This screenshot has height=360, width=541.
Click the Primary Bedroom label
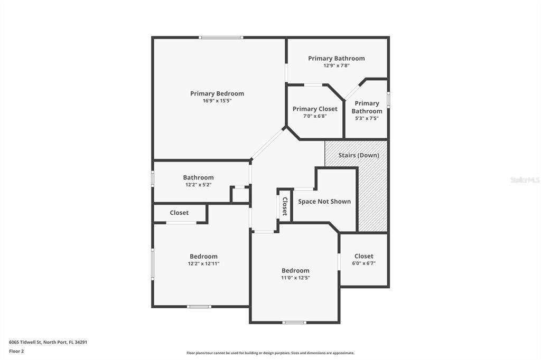[217, 93]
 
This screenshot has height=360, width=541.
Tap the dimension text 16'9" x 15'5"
[217, 100]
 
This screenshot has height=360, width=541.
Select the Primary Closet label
[315, 109]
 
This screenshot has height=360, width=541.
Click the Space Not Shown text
[324, 202]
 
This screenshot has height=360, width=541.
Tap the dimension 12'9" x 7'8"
[337, 65]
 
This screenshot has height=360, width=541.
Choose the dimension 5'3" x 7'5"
[367, 118]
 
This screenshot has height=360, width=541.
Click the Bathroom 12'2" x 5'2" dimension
[199, 185]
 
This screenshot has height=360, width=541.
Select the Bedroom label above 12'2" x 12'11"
[203, 257]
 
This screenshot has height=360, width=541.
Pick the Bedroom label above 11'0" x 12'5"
[295, 270]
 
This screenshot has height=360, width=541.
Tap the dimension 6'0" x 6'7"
[363, 263]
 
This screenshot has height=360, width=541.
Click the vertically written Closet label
[285, 206]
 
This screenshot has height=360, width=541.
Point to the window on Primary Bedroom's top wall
[221, 37]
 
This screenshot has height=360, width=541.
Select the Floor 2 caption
[16, 350]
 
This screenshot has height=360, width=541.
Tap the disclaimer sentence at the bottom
[270, 353]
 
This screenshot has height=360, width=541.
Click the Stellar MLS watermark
[525, 180]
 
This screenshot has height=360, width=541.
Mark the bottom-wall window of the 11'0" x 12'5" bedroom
[294, 322]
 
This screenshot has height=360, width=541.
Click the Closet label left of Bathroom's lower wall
[179, 213]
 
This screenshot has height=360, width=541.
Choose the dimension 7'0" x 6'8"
[315, 116]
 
